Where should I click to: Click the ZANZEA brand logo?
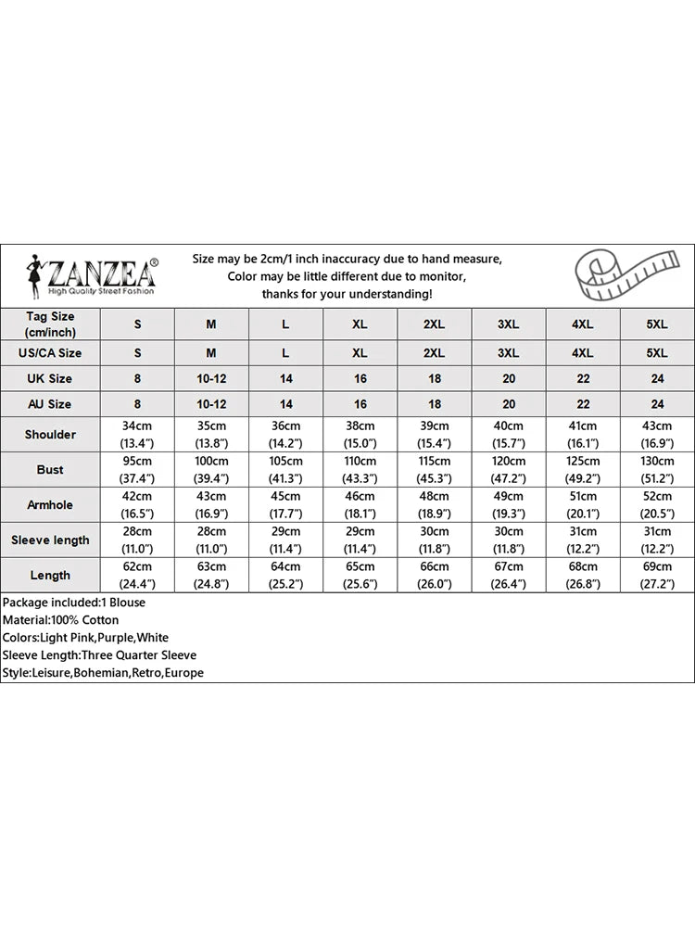pos(92,274)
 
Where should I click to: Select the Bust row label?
pos(50,470)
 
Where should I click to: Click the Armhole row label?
pos(50,505)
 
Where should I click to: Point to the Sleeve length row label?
pos(50,540)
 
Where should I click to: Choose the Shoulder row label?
pos(50,435)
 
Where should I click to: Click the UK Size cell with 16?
pos(360,378)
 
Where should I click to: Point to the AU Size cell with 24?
pos(657,404)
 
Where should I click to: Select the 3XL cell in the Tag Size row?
pos(508,324)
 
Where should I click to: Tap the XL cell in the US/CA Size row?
pos(360,353)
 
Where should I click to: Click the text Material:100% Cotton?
pos(61,620)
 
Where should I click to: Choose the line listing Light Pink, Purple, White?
pos(85,638)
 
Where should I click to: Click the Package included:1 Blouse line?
pos(74,603)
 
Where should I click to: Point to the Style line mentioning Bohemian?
pos(103,673)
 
